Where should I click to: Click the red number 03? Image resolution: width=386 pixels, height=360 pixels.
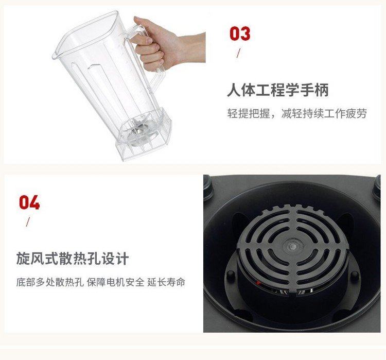point(240,34)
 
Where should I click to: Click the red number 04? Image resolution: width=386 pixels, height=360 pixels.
point(29,202)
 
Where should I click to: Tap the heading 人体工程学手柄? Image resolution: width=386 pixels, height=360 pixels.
point(278,90)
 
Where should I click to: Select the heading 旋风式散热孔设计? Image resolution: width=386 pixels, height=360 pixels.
point(73,258)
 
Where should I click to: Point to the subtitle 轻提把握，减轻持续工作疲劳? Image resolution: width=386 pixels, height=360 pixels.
point(297,113)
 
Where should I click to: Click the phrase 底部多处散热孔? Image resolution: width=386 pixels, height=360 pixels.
point(50,282)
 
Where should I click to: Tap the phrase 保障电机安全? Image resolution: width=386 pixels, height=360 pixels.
point(115,282)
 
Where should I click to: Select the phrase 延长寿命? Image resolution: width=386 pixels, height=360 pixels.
point(166,282)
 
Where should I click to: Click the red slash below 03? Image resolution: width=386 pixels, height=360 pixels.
point(238,53)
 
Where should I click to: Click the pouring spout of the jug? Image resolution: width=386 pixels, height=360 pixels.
point(55,56)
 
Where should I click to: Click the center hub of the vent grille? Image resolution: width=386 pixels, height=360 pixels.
point(293,246)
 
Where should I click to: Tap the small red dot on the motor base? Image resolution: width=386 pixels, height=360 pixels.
point(258,282)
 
